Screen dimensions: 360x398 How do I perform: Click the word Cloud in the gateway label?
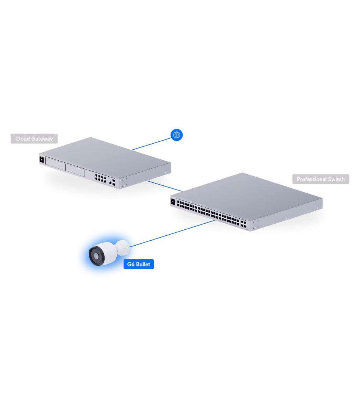point(23,139)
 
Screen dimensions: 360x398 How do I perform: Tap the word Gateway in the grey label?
point(42,139)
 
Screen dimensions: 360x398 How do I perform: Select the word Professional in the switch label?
point(311,179)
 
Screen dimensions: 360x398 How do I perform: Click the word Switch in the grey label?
point(337,179)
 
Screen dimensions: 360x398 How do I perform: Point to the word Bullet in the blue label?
point(143,264)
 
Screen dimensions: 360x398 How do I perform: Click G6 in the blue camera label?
point(131,264)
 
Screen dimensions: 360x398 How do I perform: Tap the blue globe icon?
point(177,135)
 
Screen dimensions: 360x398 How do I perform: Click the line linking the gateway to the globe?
point(152,144)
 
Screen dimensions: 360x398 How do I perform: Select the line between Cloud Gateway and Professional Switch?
point(164,186)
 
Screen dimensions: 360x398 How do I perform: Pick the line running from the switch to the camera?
point(172,233)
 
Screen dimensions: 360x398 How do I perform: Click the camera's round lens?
point(96,256)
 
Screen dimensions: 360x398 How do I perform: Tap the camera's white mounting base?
point(123,248)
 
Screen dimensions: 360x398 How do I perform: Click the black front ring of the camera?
point(97,256)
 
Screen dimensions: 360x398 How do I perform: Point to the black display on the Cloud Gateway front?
point(42,160)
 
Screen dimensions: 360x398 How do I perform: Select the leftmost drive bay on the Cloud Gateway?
point(55,163)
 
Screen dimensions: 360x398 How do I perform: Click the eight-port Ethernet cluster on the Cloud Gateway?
point(100,178)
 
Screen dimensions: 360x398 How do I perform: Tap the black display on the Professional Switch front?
point(173,202)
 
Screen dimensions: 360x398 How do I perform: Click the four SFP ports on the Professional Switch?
point(243,224)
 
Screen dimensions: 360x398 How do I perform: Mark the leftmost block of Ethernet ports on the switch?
point(187,206)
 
